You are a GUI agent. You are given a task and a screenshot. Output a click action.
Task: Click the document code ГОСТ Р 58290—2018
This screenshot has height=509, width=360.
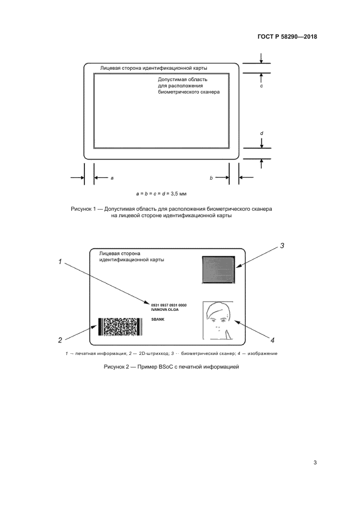286,37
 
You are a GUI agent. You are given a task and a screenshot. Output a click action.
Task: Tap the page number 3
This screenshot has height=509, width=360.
315,463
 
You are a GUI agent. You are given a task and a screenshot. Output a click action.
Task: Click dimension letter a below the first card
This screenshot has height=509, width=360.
112,178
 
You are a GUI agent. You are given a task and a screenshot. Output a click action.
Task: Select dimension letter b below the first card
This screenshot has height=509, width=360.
211,178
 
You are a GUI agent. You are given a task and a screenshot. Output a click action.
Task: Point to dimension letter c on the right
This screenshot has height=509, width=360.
261,86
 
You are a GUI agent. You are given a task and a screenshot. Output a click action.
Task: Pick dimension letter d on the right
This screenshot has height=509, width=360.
261,133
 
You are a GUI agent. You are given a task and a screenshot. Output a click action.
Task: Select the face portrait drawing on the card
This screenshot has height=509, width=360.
217,319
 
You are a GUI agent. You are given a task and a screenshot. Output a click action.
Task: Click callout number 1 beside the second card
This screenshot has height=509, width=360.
60,262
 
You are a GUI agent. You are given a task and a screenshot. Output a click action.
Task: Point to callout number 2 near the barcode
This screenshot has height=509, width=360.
60,340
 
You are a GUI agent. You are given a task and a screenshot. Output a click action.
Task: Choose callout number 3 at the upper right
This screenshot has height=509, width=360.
282,246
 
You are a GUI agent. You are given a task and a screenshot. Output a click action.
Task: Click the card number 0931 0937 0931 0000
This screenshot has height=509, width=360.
169,305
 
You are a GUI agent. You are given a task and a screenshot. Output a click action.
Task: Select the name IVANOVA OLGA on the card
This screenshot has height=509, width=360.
164,309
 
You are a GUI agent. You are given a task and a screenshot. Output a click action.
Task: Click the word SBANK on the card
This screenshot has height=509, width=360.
157,320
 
